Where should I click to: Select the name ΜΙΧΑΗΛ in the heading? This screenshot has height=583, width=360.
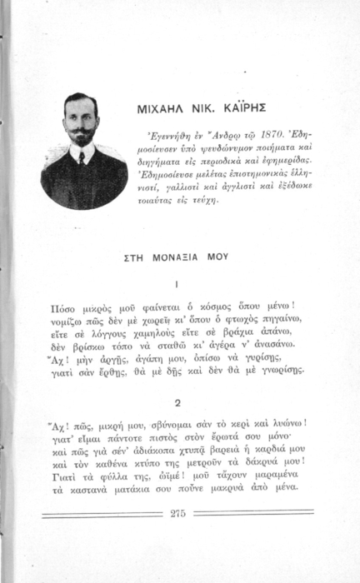pos(161,109)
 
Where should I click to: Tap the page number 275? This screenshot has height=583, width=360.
pos(177,513)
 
